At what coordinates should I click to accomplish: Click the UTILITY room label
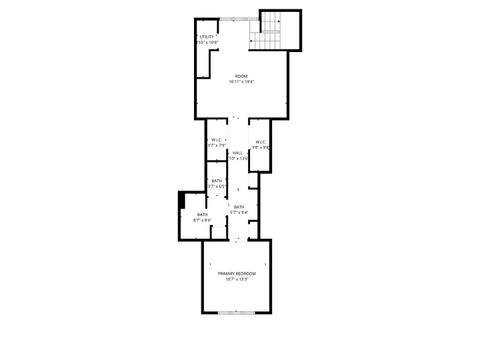206,37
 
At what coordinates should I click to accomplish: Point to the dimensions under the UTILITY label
206,43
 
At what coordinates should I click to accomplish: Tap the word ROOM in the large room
241,76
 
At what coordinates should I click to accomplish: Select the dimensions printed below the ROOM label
241,82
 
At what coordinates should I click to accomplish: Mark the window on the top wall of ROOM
236,17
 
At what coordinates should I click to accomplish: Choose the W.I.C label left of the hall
215,140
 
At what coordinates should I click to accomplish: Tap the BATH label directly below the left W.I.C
216,180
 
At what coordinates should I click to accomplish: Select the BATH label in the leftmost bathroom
201,214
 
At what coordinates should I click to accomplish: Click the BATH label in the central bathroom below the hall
239,207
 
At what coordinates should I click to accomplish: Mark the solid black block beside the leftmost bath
181,199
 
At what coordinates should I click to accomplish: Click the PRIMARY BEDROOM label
237,273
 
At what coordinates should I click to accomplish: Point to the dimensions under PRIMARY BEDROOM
237,279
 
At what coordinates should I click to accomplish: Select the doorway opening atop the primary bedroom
237,240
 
